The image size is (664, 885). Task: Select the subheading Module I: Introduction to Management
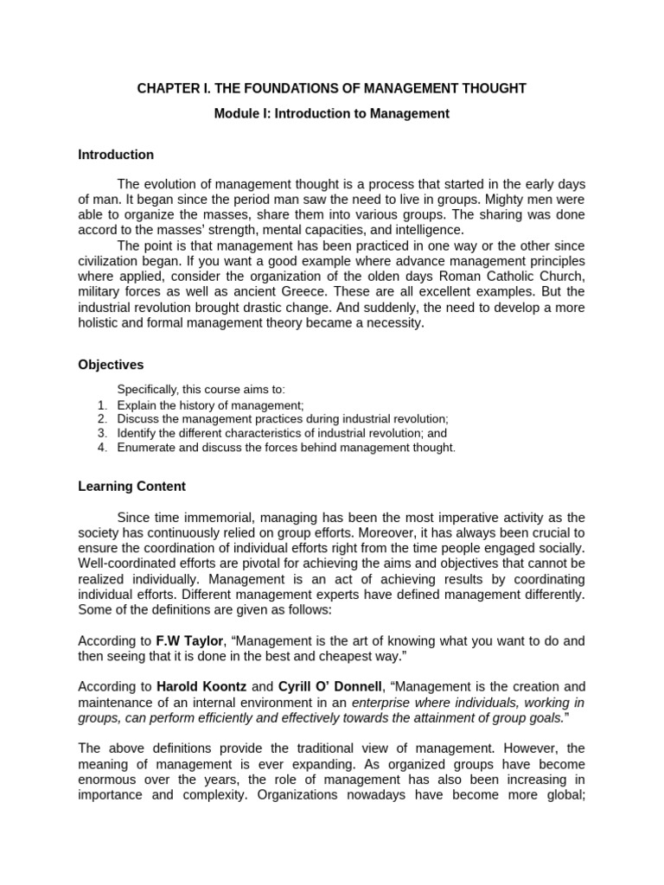(x=332, y=114)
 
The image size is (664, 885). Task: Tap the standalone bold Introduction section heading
(x=116, y=155)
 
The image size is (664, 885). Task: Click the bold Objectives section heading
(x=111, y=365)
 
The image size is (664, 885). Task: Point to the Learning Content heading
(x=131, y=487)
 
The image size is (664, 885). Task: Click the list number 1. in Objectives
(x=102, y=404)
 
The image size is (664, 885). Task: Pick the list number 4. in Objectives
(x=102, y=447)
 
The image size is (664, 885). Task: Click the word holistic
(x=99, y=324)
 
